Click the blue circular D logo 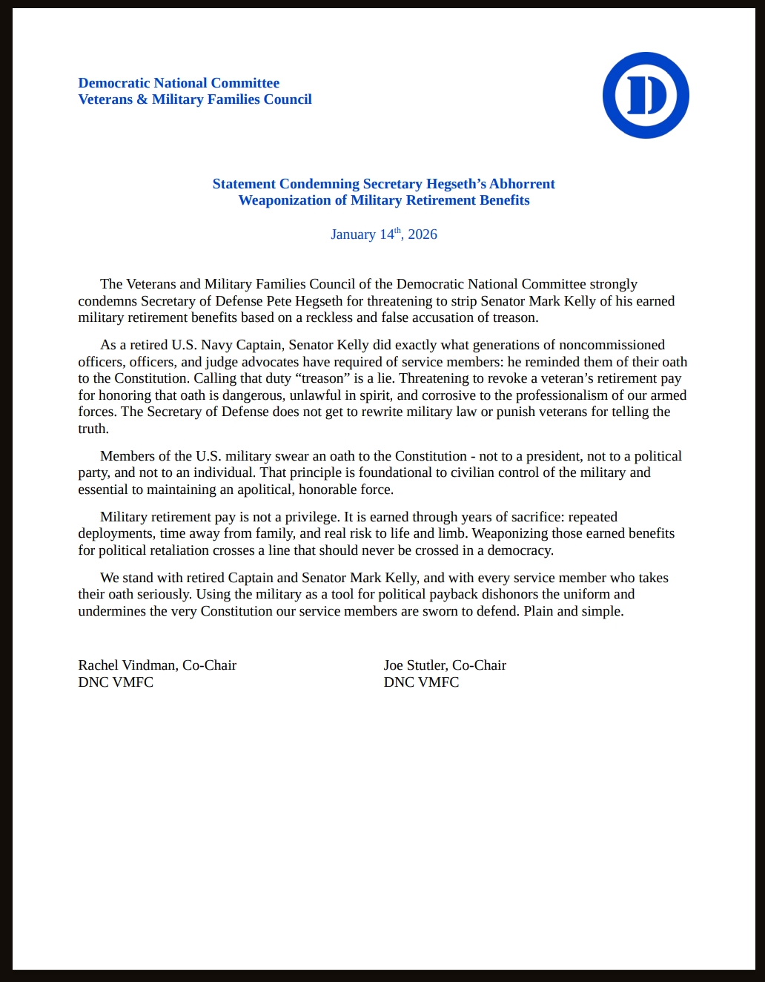646,95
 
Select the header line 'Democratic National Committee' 179,83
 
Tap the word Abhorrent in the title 522,184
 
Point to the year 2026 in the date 423,234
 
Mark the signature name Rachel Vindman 127,665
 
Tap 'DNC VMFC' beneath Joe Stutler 421,682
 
